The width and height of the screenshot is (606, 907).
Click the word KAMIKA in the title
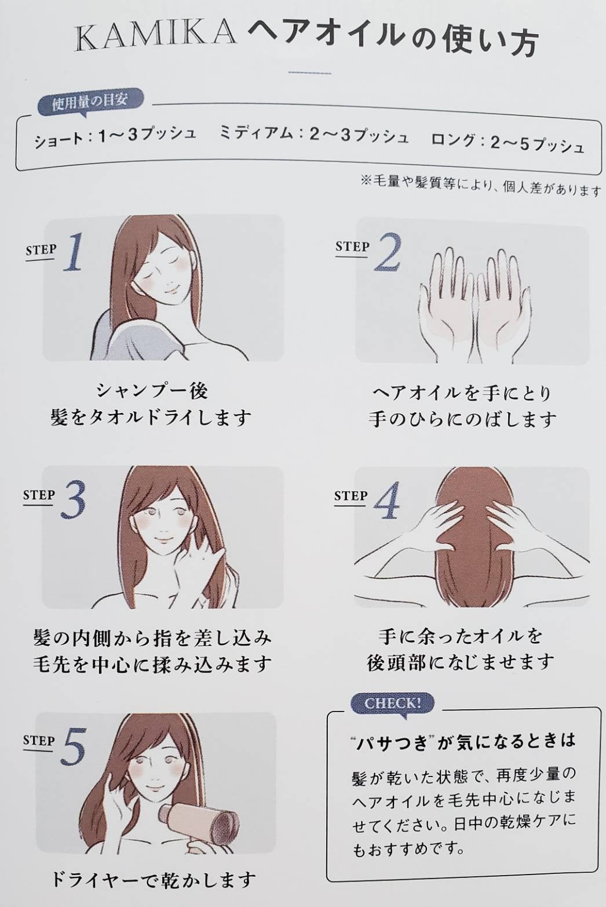pos(156,35)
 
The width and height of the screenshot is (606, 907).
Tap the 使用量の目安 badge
pos(89,102)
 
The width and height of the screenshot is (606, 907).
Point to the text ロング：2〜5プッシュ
pos(508,142)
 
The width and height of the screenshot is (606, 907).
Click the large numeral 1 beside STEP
pos(74,253)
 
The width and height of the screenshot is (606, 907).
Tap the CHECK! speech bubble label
pos(392,703)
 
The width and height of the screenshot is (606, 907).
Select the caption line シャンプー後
pos(151,391)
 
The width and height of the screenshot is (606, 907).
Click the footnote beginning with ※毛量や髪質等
pos(480,186)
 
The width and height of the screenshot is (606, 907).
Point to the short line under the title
pos(309,73)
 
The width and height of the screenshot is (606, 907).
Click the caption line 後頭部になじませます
pos(461,662)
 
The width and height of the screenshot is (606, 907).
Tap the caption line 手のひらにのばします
pos(462,419)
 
